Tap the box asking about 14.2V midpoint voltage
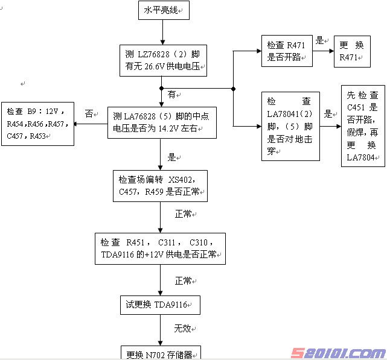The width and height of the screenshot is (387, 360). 161,123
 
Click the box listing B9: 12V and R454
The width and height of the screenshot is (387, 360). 37,124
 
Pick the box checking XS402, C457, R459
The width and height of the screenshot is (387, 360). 161,186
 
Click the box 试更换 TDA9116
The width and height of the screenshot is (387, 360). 160,305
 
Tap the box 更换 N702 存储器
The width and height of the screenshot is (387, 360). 160,354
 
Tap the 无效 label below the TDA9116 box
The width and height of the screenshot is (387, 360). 182,328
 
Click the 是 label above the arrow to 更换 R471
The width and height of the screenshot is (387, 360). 320,41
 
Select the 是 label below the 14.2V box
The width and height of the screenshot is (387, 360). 171,157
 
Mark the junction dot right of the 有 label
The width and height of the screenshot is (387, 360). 233,89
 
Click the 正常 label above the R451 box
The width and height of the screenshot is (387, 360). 183,215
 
